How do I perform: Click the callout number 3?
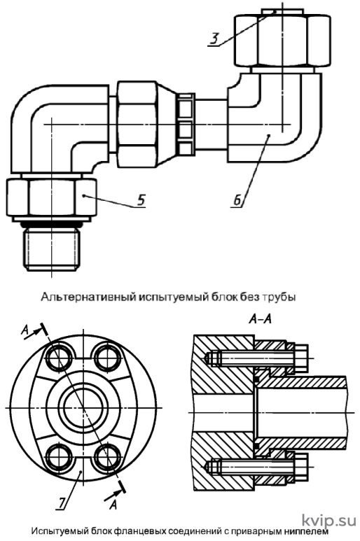pos(215,38)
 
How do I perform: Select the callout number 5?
pos(141,200)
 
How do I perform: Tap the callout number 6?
pos(237,200)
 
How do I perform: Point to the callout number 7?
pos(62,503)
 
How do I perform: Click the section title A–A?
pos(260,320)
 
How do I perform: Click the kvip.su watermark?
pos(329,520)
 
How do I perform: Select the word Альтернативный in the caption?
pos(89,297)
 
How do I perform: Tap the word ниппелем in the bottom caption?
pos(303,531)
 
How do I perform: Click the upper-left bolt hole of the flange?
pos(58,357)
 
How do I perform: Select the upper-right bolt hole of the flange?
pos(107,357)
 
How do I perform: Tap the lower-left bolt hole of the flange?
pos(58,458)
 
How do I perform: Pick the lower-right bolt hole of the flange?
pos(107,458)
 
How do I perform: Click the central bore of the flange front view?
pos(83,407)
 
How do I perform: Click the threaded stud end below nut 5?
pos(52,250)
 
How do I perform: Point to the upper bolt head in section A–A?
pos(300,358)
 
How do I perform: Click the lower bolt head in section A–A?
pos(300,468)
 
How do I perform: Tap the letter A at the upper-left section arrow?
pos(25,330)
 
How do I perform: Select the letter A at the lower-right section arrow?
pos(113,505)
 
